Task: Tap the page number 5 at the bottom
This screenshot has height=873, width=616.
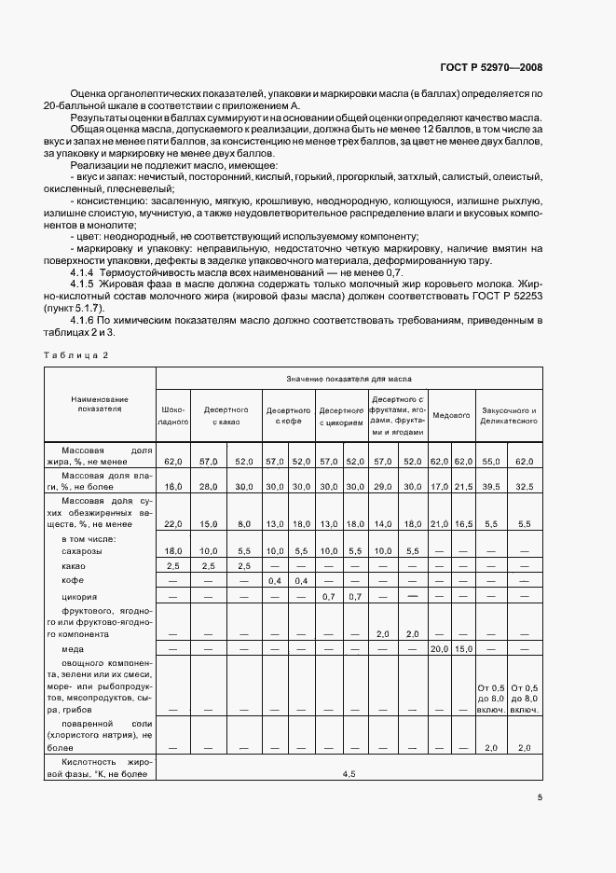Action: tap(541, 797)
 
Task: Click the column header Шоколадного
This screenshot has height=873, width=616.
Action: tap(173, 415)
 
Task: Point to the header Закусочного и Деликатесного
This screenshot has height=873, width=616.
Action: tap(508, 415)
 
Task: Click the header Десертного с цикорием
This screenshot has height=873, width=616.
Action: tap(341, 416)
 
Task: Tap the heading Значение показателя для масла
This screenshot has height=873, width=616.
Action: tap(349, 379)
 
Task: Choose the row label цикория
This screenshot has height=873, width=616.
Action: tap(79, 595)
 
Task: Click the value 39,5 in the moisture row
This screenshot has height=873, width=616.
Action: tap(490, 486)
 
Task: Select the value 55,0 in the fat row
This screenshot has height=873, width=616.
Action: tap(490, 461)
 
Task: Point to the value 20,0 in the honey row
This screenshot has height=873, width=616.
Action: tap(439, 648)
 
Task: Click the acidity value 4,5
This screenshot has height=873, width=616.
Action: tap(349, 774)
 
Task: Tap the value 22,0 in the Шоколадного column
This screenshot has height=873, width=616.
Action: tap(173, 524)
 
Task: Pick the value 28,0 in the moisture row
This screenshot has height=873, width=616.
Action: tap(208, 486)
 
